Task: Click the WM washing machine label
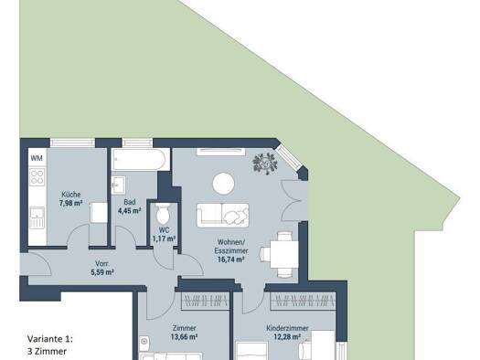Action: coord(37,158)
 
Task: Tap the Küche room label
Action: coord(71,195)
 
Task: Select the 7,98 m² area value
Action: coord(71,203)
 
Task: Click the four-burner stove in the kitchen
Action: coord(37,177)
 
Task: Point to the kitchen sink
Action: coord(37,217)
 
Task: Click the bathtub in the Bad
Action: coord(140,159)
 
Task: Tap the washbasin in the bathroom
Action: coord(118,185)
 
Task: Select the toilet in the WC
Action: coord(163,213)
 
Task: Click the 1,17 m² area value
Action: coord(164,238)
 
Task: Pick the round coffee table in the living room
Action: coord(223,184)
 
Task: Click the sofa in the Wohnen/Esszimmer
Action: coord(222,216)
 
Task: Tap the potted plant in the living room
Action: coord(265,164)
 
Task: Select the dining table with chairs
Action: coord(281,255)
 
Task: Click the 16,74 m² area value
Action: coord(230,259)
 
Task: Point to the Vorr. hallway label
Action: coord(101,263)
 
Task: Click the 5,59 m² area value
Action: coord(102,271)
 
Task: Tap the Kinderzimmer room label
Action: coord(287,329)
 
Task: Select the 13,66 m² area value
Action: coord(184,337)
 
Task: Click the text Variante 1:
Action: coord(50,339)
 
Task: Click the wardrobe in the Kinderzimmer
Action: coord(303,301)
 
